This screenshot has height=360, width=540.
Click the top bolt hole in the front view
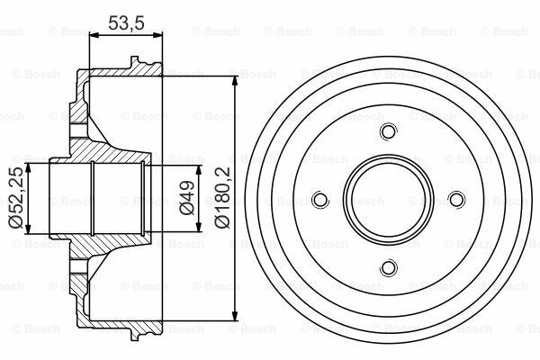[x=388, y=131]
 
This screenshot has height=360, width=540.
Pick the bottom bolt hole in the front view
[x=388, y=267]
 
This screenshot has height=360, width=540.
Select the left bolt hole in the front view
[x=320, y=200]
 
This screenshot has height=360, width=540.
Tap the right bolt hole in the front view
[x=456, y=200]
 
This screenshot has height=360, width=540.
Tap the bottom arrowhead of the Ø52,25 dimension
[x=31, y=228]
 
